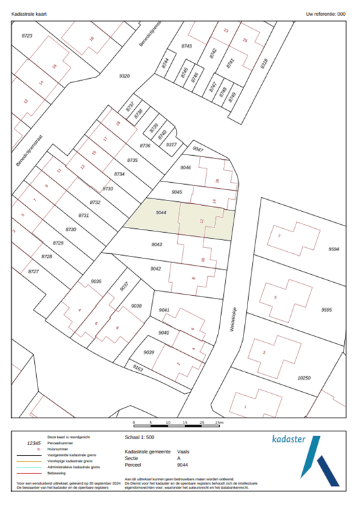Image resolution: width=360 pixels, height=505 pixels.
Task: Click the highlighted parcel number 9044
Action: [161, 213]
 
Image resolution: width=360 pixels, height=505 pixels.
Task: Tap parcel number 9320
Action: [124, 76]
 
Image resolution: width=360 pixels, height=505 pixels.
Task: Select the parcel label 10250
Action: [303, 378]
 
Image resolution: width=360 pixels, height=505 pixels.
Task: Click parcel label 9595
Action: [326, 310]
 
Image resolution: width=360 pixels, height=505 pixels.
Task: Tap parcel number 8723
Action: [27, 35]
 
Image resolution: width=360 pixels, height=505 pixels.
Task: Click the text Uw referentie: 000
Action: [325, 13]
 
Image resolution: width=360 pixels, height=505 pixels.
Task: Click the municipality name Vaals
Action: [184, 452]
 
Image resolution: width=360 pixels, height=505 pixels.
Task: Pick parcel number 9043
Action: [157, 244]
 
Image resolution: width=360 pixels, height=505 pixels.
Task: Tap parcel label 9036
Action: [96, 281]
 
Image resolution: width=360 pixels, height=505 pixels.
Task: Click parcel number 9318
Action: [264, 64]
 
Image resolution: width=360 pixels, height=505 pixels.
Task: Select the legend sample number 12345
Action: [34, 444]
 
